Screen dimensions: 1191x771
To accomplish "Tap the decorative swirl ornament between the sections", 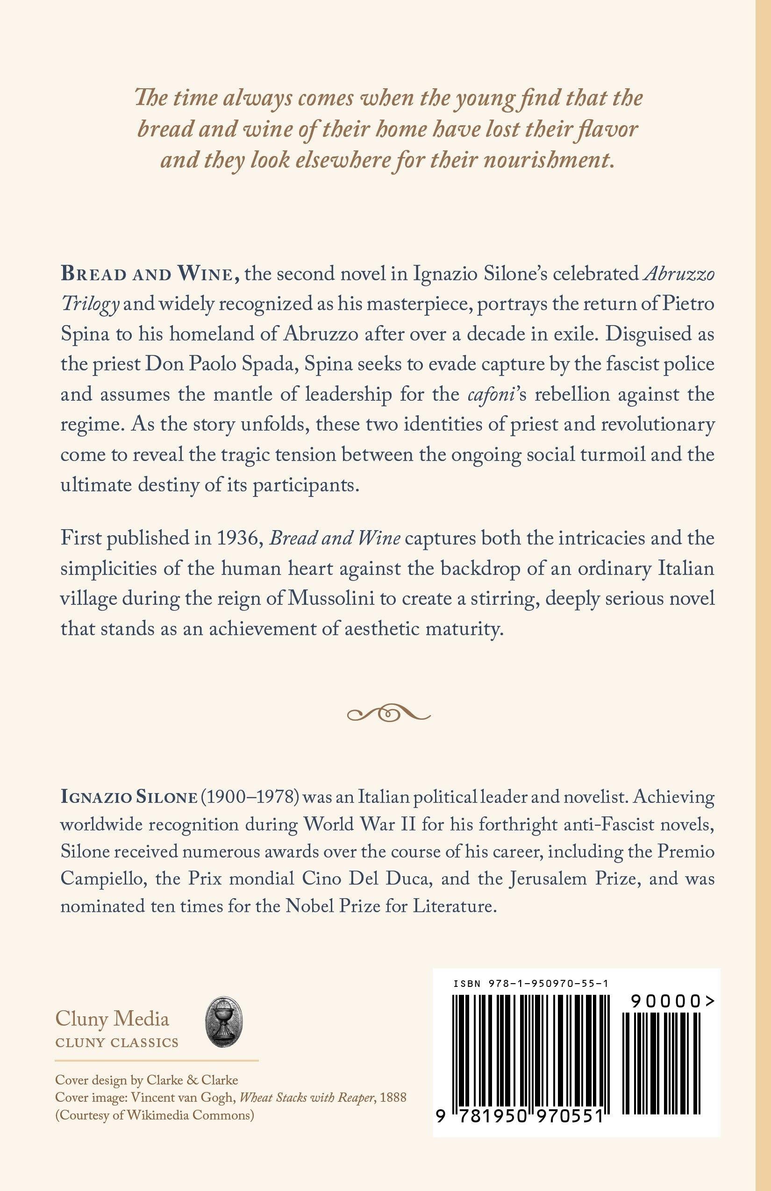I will pos(388,714).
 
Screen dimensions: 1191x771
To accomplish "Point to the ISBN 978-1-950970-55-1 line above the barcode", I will pos(531,983).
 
